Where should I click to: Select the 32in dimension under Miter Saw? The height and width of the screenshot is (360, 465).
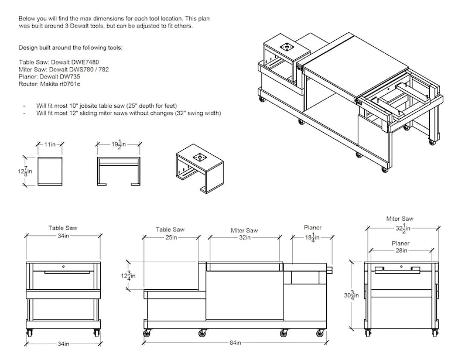244,238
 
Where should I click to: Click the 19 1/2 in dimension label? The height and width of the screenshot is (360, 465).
119,144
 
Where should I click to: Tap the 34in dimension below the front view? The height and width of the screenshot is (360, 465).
63,344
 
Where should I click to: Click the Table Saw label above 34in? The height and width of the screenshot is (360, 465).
63,228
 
